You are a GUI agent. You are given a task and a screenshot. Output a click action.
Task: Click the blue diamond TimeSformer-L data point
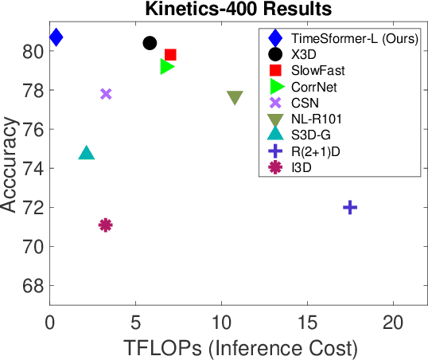56,37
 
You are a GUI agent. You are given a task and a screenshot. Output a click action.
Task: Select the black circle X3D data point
150,43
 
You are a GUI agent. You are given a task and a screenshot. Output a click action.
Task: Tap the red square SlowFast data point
170,55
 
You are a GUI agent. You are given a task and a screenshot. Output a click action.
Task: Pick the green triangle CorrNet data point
167,66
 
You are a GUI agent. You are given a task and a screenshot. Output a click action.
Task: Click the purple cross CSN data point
106,94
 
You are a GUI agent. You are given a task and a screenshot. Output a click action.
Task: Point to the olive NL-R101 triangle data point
235,98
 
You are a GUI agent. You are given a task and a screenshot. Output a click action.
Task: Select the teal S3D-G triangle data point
87,153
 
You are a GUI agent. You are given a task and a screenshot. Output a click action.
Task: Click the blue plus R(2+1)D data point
350,207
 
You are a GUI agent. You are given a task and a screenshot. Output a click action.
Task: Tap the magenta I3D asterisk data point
105,225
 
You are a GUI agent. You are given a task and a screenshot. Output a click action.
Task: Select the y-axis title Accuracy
10,165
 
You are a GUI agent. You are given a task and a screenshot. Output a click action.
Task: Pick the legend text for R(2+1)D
316,151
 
